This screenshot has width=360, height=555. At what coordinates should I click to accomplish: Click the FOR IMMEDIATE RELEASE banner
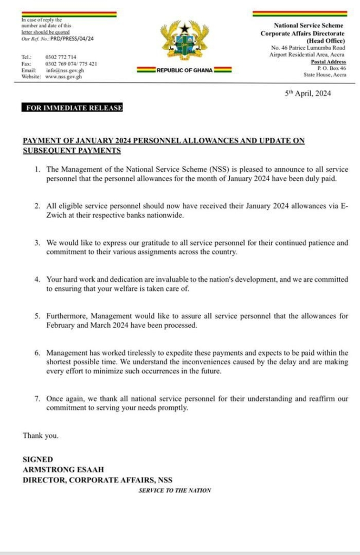74,108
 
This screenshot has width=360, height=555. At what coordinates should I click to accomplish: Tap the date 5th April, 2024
308,93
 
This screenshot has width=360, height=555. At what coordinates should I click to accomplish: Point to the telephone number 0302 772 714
61,57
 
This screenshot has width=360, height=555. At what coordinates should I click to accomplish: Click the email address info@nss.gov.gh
65,70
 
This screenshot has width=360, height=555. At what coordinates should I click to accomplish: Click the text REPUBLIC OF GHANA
184,70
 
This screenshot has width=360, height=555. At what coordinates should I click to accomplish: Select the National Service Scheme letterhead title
310,25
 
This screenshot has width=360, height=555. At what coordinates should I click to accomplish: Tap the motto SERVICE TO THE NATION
175,491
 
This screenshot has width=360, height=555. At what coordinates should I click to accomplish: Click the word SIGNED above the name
38,460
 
